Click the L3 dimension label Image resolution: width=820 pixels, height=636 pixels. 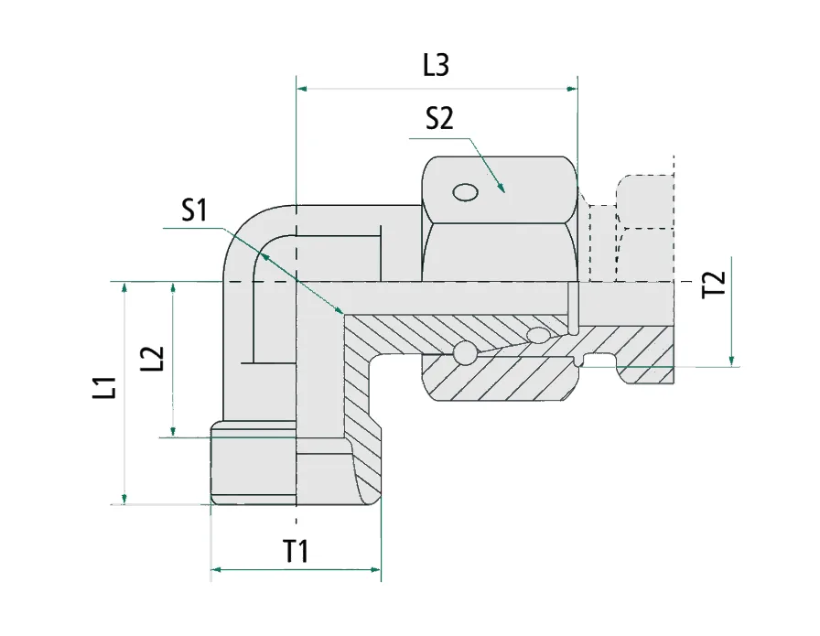tap(437, 65)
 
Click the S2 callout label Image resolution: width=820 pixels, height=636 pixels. tap(439, 119)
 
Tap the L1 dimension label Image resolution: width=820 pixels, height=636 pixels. tap(108, 388)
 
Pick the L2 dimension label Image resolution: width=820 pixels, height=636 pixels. tap(156, 358)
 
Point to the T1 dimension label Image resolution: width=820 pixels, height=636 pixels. tap(295, 551)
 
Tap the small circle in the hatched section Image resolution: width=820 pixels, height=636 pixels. tap(465, 353)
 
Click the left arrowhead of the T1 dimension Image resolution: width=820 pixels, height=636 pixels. tap(217, 572)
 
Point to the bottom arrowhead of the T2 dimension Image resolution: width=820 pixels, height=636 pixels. tap(733, 361)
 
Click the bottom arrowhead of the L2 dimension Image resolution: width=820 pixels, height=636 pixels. tap(172, 431)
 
